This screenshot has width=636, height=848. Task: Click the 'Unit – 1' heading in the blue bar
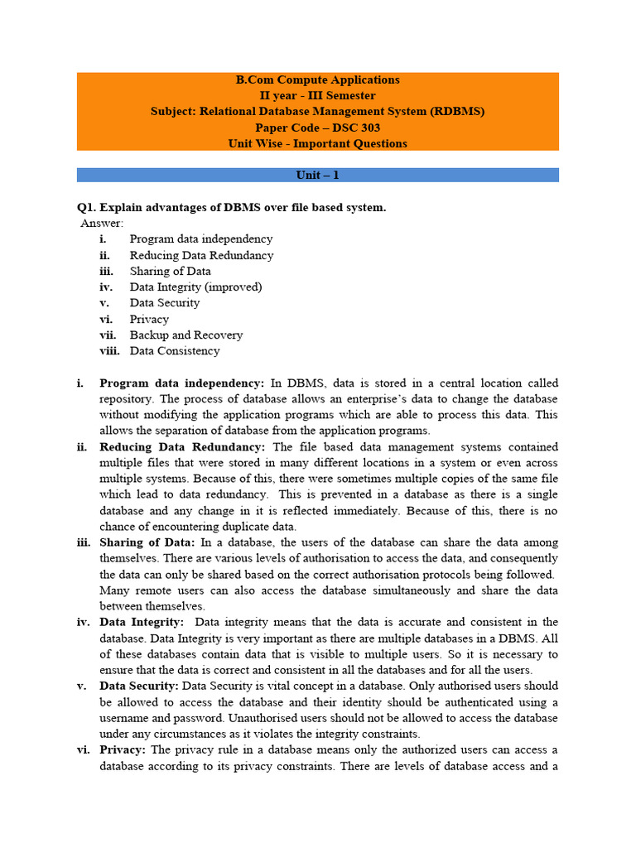click(x=318, y=176)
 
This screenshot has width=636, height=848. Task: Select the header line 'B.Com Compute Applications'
click(x=318, y=80)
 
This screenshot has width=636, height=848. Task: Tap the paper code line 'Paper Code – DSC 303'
click(x=318, y=128)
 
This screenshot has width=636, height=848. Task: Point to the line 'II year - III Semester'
click(x=318, y=96)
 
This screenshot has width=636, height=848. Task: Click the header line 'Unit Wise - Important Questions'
click(x=318, y=143)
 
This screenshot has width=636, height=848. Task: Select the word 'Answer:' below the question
click(x=102, y=223)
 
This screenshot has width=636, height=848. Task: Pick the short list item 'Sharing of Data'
click(x=170, y=271)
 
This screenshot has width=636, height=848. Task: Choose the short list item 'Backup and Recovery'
click(x=186, y=335)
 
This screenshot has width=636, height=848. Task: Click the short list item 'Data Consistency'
click(x=175, y=350)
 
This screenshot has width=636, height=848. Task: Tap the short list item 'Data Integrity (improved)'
click(x=195, y=287)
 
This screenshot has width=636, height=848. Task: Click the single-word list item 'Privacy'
click(x=149, y=319)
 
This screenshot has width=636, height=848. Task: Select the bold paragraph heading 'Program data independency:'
click(x=181, y=383)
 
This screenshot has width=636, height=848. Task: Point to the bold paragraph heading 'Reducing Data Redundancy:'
click(x=180, y=447)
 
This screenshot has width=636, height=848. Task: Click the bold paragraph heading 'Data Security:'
click(x=139, y=686)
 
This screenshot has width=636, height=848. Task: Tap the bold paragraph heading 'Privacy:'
click(x=123, y=749)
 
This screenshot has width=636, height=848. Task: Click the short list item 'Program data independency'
click(x=201, y=239)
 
